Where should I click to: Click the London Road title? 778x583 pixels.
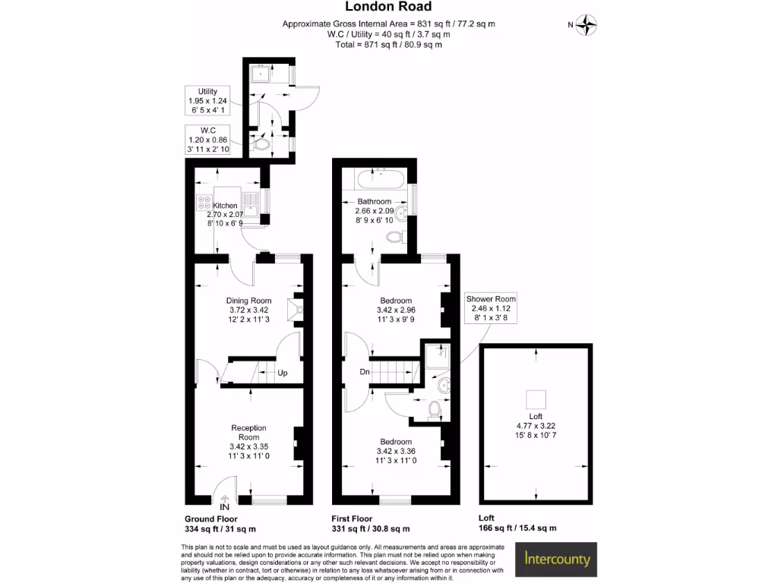click(388, 8)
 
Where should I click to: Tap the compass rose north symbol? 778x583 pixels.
click(587, 25)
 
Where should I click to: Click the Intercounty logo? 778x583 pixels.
click(558, 560)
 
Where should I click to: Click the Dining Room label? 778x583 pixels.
click(249, 301)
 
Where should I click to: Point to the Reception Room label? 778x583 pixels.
click(249, 433)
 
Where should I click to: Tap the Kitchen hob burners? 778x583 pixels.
click(204, 203)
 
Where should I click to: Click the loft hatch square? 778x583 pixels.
click(536, 398)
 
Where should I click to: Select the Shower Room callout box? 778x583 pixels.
click(491, 309)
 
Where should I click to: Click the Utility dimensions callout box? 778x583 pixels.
click(207, 100)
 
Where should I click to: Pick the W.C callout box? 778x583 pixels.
click(207, 140)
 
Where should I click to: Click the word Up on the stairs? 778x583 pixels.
click(282, 373)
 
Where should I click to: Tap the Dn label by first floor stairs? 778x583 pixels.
click(365, 372)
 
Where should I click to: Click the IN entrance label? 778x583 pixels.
click(224, 506)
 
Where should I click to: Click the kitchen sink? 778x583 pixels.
click(251, 202)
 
